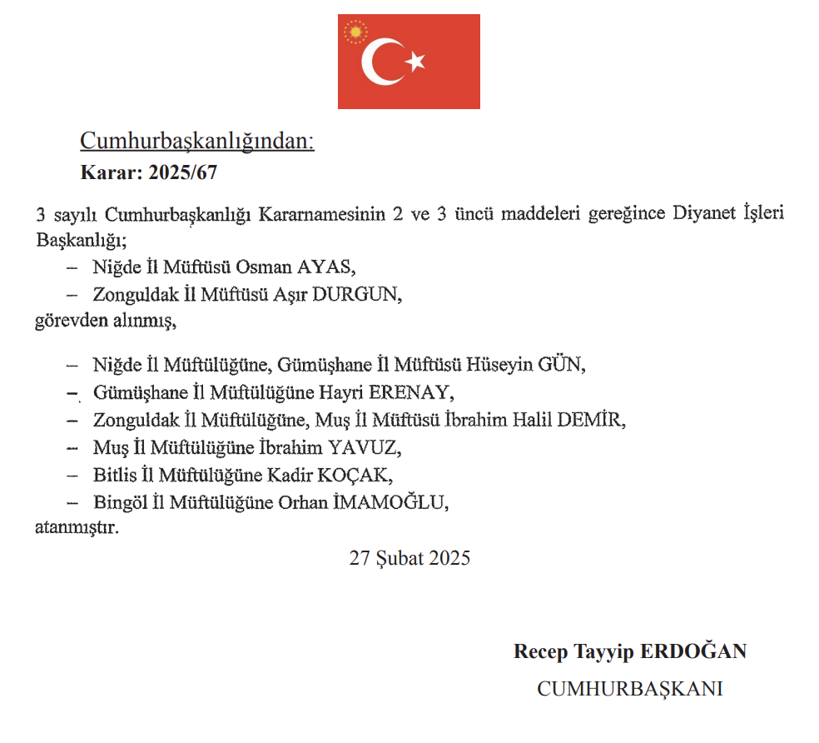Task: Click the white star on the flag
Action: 415,61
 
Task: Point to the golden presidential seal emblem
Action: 355,33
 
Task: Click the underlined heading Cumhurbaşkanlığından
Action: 197,142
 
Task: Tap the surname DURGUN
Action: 357,295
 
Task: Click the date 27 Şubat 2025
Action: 409,558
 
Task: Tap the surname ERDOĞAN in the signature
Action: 692,651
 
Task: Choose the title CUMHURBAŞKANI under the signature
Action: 629,689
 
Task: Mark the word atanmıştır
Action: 77,528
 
